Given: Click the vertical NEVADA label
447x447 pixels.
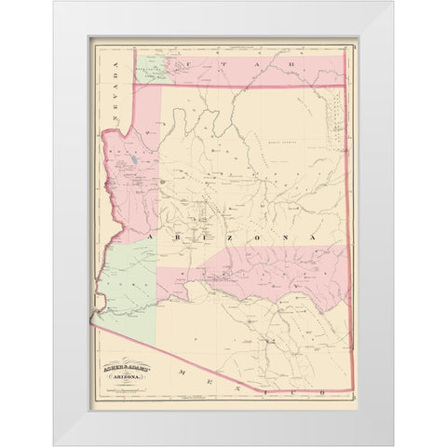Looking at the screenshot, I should (115, 82).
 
